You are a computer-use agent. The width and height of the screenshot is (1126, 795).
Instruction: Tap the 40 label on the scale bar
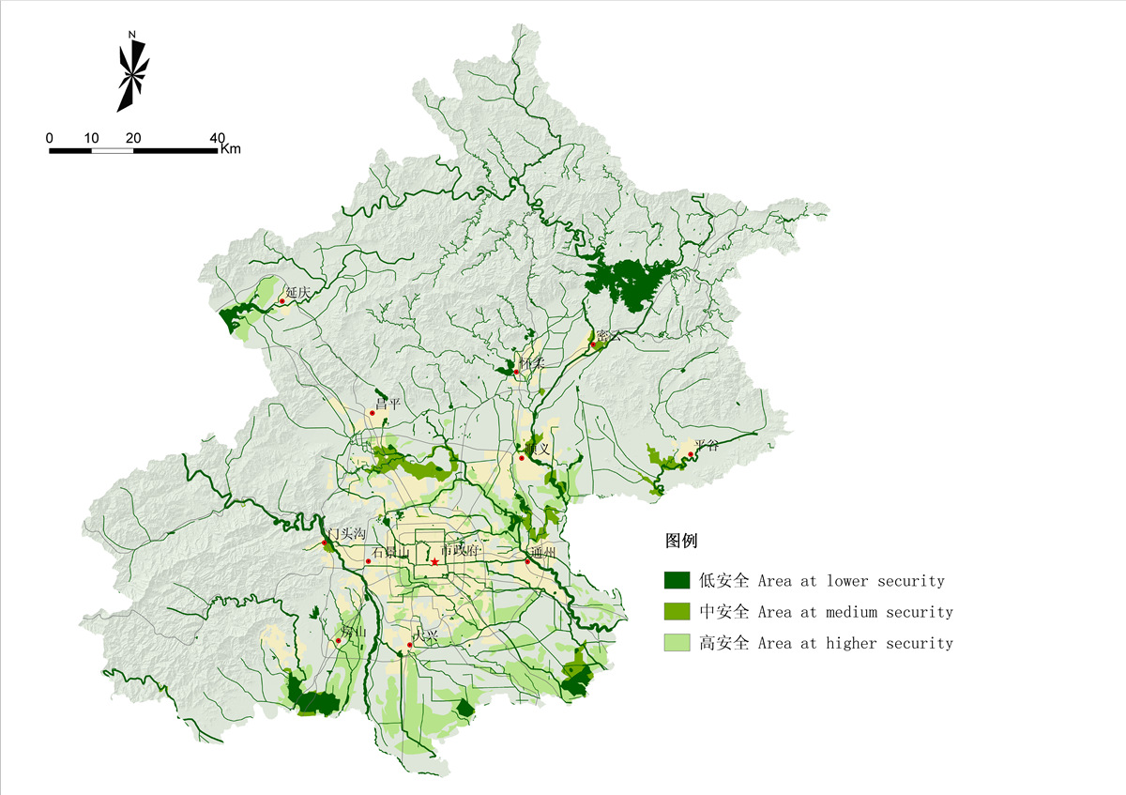(x=218, y=138)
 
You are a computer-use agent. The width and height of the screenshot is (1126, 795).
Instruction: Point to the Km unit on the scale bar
(x=231, y=149)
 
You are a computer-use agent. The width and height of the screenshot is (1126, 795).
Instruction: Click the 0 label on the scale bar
(x=50, y=138)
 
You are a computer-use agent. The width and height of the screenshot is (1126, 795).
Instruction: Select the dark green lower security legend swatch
(x=677, y=581)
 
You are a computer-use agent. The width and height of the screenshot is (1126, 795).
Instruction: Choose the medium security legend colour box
(x=677, y=612)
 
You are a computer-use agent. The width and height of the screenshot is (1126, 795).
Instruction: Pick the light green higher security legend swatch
(x=677, y=643)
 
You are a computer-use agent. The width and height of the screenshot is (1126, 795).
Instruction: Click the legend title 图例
(x=681, y=542)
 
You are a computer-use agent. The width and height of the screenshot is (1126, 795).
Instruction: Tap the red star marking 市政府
(x=435, y=562)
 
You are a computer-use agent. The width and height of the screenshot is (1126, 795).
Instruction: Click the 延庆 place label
(x=297, y=293)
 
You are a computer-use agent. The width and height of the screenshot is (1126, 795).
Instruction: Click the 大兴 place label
(x=426, y=636)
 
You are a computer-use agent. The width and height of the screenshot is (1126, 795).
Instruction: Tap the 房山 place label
(x=353, y=632)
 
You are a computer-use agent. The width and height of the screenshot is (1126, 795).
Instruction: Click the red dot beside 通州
(x=527, y=561)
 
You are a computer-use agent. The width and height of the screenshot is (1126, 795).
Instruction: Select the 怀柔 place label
(x=532, y=362)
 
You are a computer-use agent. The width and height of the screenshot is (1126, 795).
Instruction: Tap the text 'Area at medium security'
(x=855, y=612)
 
